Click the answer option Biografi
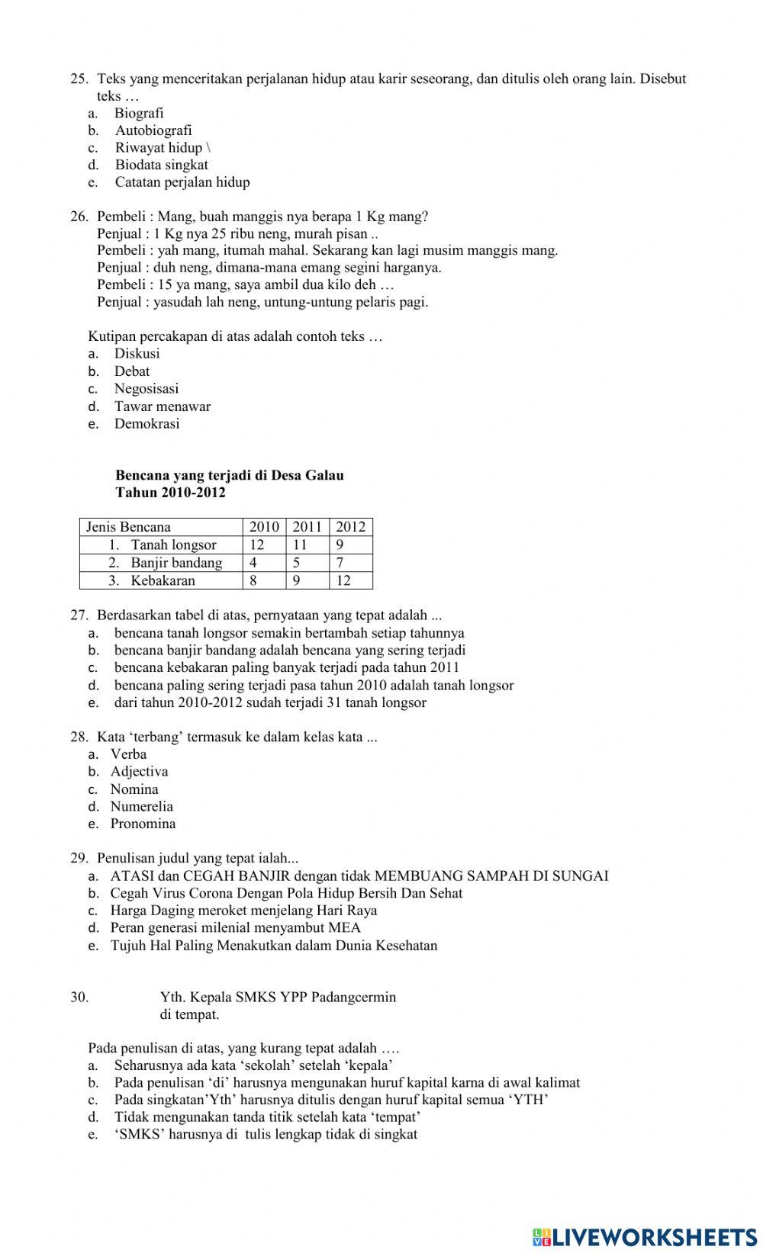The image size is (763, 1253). pos(139,113)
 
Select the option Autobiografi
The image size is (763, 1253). pos(153,130)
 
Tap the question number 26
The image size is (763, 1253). pos(79,216)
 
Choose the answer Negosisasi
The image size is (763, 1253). pos(146,388)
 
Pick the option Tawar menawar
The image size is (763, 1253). pos(163,406)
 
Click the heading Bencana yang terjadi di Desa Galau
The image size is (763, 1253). pos(230,475)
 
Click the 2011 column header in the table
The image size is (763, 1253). pos(307,527)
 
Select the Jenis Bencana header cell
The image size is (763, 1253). pos(128,527)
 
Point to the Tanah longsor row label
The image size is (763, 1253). pos(173,545)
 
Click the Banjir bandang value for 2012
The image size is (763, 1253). pos(340,563)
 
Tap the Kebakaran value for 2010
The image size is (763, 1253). pos(254,580)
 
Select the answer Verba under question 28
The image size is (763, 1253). pos(128,753)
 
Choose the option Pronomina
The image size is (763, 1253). pos(143,824)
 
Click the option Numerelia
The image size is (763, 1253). pos(141,806)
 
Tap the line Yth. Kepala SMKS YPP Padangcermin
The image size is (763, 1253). pos(278,997)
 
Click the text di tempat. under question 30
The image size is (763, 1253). pos(189,1014)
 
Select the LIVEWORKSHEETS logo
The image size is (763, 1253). pos(645,1236)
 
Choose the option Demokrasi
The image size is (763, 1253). pos(146,424)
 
